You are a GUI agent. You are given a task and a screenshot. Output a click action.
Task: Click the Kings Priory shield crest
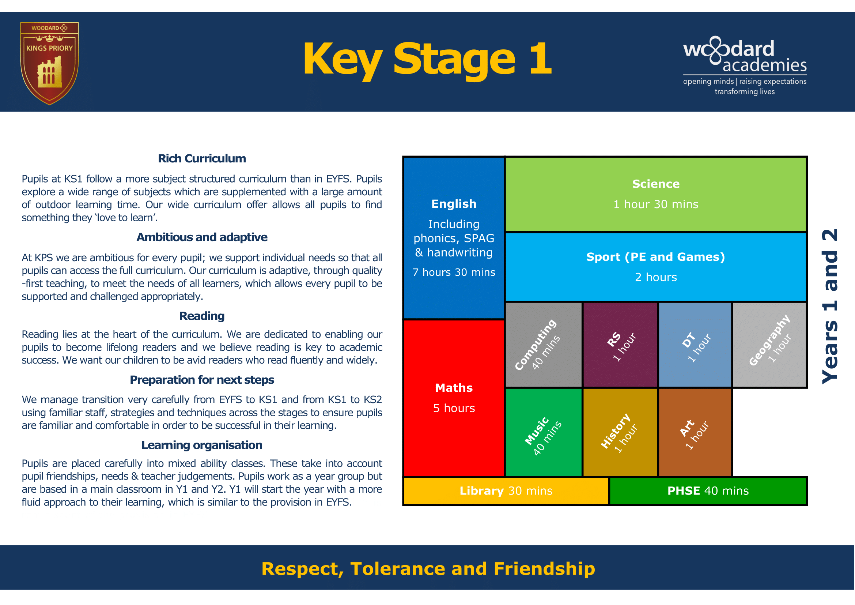(x=49, y=63)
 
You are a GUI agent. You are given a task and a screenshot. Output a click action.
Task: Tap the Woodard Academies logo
(x=744, y=65)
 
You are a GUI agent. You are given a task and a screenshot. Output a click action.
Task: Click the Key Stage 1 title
(x=427, y=60)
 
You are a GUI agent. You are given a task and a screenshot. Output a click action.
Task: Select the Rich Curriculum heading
(x=201, y=158)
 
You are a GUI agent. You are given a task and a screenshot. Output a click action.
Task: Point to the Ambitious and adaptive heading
(x=201, y=237)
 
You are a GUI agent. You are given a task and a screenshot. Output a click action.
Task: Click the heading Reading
(x=201, y=316)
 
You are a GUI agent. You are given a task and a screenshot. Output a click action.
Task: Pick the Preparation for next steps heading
(x=201, y=380)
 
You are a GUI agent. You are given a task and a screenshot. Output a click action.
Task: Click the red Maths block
(x=454, y=398)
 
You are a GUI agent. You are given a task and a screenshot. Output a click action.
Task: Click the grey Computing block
(x=543, y=345)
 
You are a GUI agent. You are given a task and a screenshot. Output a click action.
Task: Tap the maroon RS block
(x=620, y=345)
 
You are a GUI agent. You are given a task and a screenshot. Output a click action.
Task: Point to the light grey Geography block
(x=769, y=345)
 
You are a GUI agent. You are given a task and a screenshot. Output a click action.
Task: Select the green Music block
(x=543, y=432)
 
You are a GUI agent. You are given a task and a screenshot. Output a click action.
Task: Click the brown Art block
(x=695, y=432)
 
